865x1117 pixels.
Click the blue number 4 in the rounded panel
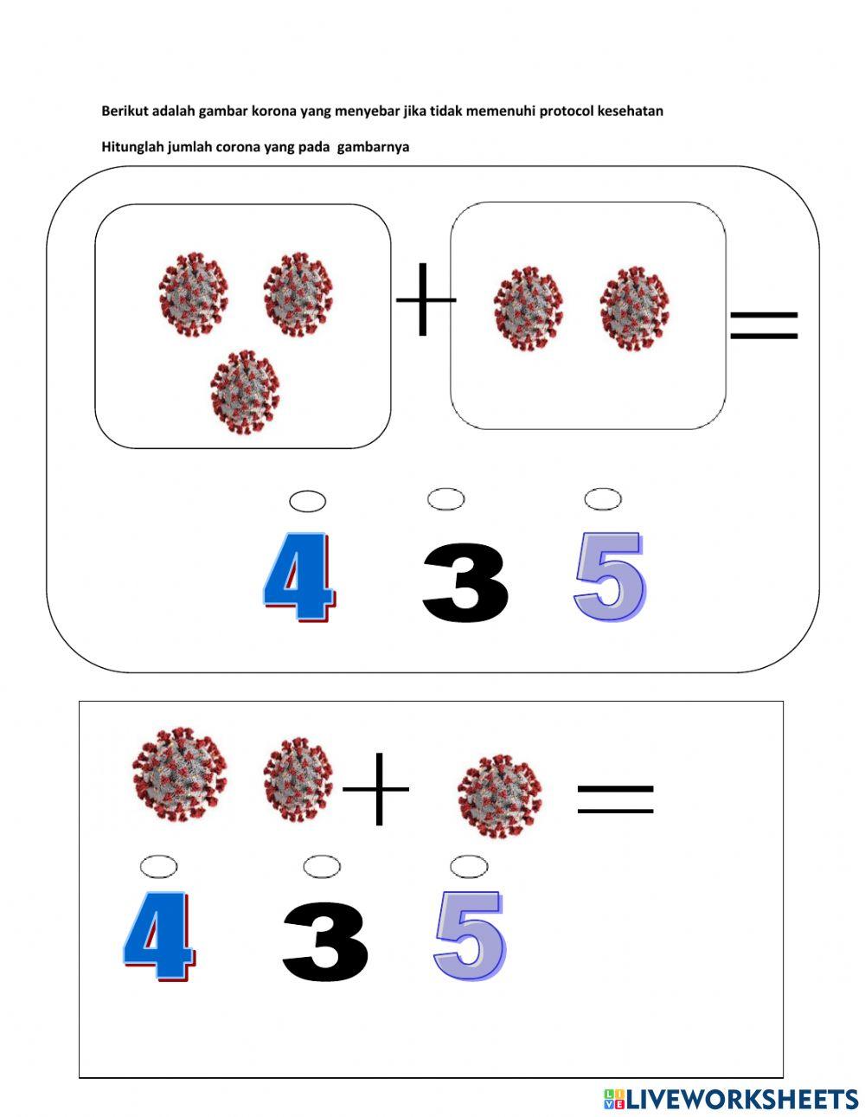298,577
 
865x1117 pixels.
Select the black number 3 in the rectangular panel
325,940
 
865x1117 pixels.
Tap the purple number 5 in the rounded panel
610,577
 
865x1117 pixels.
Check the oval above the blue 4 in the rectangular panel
158,866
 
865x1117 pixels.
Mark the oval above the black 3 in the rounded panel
445,499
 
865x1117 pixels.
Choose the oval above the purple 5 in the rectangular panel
468,865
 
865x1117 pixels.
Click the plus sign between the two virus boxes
425,300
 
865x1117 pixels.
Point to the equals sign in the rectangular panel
615,799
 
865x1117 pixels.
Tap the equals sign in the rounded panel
763,324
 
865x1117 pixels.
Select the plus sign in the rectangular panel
377,788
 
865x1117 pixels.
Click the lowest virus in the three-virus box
246,392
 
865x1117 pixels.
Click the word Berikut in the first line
125,111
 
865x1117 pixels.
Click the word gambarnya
373,147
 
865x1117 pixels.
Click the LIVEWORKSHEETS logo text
740,1099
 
